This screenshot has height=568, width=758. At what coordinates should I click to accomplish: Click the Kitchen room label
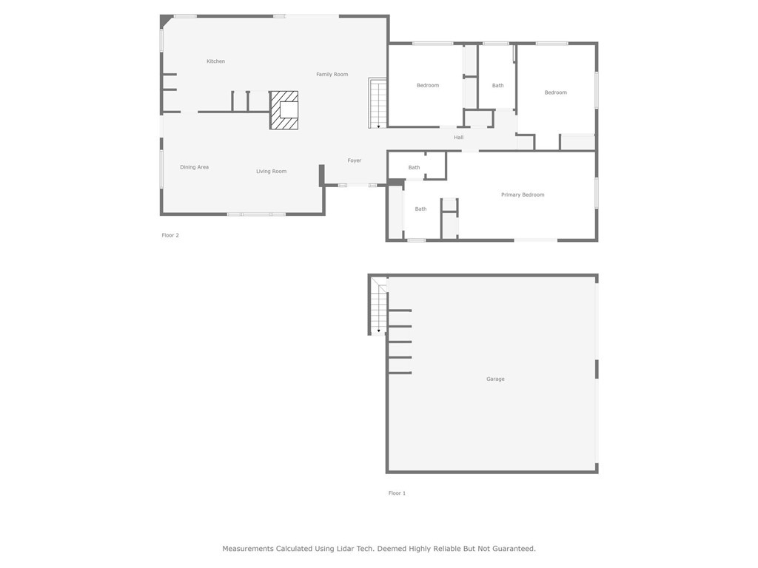click(215, 61)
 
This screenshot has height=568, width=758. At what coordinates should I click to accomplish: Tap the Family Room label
click(332, 75)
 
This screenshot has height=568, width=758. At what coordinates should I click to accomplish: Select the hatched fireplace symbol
click(284, 110)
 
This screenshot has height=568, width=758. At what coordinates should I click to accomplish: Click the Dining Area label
click(194, 167)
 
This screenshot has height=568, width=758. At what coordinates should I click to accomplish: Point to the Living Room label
click(271, 172)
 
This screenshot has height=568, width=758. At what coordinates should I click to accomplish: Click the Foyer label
click(355, 160)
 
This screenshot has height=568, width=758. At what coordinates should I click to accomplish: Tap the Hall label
click(459, 138)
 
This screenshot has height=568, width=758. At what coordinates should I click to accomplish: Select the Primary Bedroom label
click(523, 195)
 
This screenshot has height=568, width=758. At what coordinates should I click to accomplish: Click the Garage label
click(495, 379)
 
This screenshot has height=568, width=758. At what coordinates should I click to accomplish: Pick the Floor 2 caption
click(170, 235)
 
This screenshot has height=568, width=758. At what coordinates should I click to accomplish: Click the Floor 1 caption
click(397, 493)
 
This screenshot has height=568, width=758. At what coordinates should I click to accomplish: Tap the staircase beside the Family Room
click(378, 103)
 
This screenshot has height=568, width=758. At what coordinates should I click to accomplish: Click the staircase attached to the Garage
click(378, 307)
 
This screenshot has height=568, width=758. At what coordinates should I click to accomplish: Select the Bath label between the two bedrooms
click(497, 86)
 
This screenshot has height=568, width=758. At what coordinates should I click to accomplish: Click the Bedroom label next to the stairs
click(428, 86)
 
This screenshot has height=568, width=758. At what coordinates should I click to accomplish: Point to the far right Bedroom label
click(555, 92)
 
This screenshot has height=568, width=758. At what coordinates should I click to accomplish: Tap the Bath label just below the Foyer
click(414, 168)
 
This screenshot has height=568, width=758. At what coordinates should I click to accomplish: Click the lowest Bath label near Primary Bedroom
click(420, 209)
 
